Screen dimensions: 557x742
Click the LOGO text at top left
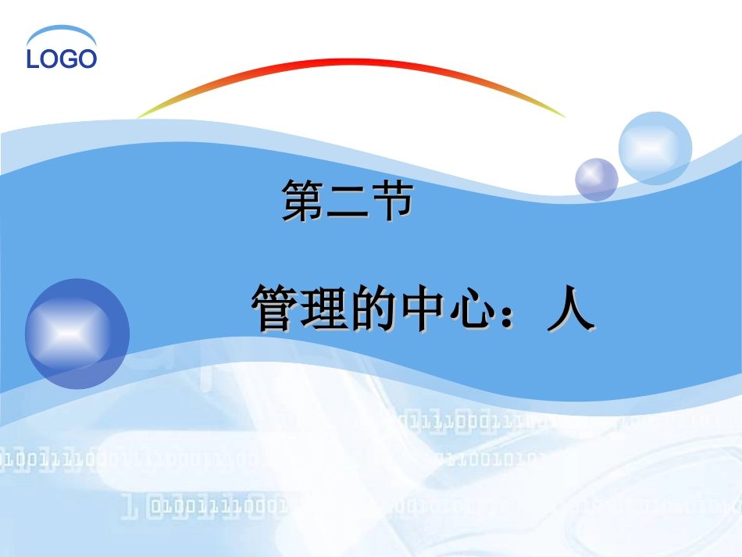point(62,59)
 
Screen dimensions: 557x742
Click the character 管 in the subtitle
point(274,309)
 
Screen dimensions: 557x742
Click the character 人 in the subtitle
point(571,309)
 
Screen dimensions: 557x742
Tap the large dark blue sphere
point(77,334)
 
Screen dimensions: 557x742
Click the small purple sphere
point(597,180)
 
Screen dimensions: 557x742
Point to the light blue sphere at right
point(655,148)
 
